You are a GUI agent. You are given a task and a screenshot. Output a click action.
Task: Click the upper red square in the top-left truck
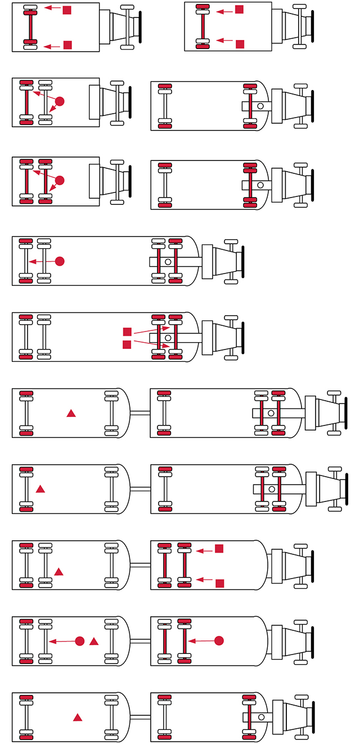67,10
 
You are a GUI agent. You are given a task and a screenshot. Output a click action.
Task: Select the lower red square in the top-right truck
240,44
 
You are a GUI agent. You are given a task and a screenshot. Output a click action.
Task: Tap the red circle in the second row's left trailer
60,101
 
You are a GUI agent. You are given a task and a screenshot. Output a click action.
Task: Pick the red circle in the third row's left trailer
60,180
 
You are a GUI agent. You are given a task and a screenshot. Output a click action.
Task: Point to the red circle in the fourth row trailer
60,261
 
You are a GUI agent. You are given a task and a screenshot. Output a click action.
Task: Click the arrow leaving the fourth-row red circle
42,261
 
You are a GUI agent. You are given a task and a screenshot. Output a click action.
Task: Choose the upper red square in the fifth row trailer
127,332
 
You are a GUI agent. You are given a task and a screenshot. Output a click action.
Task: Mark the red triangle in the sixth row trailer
71,413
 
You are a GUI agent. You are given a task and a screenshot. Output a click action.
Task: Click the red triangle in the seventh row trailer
40,489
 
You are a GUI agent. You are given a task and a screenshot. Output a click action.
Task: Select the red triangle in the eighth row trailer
58,572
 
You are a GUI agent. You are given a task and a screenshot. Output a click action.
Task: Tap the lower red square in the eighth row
220,583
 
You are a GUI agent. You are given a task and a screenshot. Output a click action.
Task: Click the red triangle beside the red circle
94,641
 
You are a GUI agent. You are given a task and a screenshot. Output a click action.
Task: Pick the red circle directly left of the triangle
80,641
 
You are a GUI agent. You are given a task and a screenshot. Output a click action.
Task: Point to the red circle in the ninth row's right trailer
219,640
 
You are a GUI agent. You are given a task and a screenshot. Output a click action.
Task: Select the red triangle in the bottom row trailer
78,718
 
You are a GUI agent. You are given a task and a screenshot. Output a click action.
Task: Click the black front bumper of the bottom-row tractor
313,718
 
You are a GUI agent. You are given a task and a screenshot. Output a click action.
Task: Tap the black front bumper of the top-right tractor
313,26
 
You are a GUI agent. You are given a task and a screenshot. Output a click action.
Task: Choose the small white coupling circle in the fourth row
168,262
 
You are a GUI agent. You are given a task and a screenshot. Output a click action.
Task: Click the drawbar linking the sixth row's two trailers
140,413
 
